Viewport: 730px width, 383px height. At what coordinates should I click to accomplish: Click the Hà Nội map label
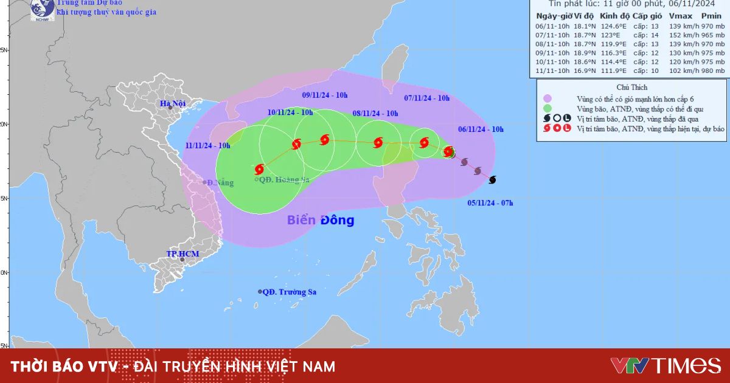coord(172,103)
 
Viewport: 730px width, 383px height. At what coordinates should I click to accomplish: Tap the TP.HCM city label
coord(183,254)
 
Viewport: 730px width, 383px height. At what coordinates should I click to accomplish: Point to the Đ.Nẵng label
coord(220,182)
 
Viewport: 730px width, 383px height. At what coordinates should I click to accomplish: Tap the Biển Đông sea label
coord(321,220)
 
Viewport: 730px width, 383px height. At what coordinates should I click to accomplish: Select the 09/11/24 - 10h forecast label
coord(325,95)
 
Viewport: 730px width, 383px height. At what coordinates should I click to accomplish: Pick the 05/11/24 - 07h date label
coord(490,202)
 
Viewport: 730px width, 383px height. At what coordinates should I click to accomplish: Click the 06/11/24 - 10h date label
coord(481,129)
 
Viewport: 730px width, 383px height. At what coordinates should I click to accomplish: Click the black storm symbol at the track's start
coord(492,179)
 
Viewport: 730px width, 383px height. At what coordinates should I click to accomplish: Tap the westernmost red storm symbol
coord(260,169)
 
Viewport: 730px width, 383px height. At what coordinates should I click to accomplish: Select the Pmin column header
coord(712,16)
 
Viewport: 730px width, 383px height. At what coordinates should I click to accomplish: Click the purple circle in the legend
coord(548,98)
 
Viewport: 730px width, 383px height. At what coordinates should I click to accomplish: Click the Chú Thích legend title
coord(631,88)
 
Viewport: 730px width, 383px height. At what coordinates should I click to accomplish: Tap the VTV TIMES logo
coord(666,365)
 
